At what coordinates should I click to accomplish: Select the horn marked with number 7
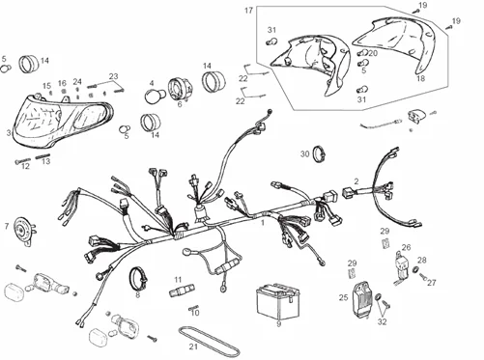pos(23,231)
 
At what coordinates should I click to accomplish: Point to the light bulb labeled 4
pos(152,97)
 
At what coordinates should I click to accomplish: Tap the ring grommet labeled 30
pos(316,153)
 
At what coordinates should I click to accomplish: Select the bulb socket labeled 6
pos(180,89)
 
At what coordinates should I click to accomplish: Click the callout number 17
pos(248,11)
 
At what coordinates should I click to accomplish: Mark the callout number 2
pos(356,180)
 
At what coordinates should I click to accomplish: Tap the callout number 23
pos(113,75)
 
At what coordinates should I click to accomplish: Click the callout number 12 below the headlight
pos(26,166)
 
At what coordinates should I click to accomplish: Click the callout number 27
pos(433,283)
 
